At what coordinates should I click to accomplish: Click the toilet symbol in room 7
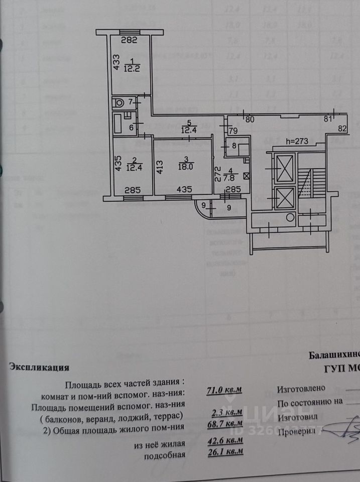point(119,102)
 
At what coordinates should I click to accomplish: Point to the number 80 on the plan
point(250,119)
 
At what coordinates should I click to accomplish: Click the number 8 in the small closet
point(234,146)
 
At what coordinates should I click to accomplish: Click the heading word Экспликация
point(39,367)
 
